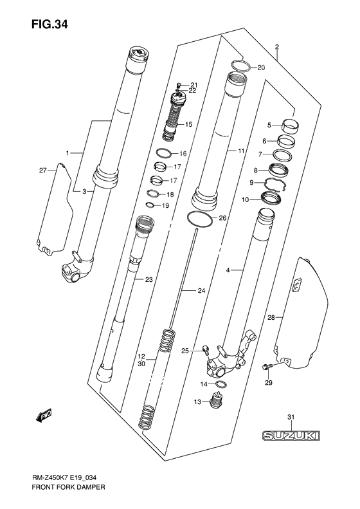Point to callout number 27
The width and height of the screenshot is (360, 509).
(43, 171)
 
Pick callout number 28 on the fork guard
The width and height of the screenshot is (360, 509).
(271, 317)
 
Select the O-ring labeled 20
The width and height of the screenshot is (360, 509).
(239, 66)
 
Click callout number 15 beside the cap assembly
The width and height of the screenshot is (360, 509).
(189, 124)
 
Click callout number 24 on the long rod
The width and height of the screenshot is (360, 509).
(201, 291)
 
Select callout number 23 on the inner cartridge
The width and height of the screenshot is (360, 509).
(148, 279)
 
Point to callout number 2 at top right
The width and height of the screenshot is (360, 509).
(276, 47)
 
